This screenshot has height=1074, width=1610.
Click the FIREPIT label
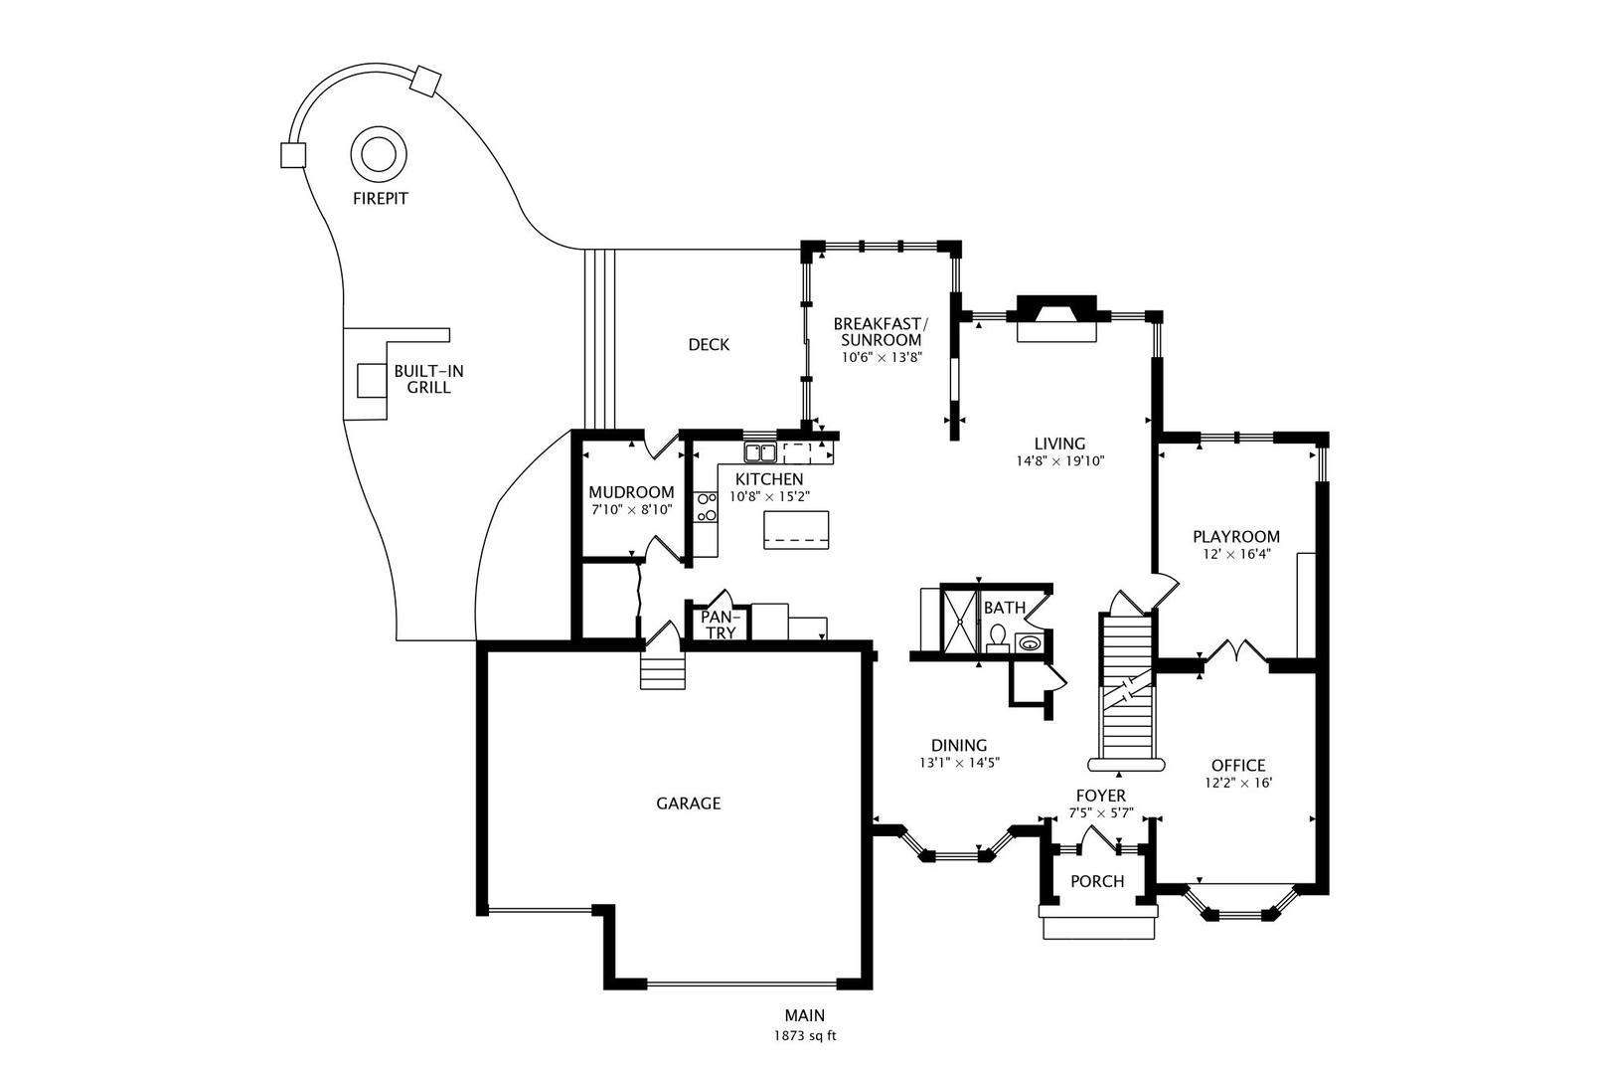tap(381, 199)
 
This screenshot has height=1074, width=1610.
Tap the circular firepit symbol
tap(379, 155)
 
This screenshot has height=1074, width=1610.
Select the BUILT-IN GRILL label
tap(428, 379)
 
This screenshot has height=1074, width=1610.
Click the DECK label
tap(709, 344)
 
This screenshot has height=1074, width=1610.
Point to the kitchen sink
tap(760, 452)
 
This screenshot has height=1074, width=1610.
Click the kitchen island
tap(796, 530)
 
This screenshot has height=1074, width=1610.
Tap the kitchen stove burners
tap(707, 506)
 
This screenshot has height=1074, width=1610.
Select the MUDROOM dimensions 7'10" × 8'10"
tap(632, 510)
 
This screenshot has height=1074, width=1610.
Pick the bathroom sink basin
tap(1030, 642)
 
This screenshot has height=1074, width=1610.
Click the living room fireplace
tap(1055, 318)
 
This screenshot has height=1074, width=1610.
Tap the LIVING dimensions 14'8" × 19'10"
tap(1059, 461)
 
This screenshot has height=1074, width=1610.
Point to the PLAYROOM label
tap(1236, 537)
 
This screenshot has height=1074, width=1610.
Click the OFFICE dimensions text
tap(1238, 783)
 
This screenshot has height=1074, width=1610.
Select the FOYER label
tap(1100, 796)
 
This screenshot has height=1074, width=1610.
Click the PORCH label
tap(1097, 881)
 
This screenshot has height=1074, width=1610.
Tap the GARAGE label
tap(688, 803)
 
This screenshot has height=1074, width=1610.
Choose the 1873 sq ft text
tap(805, 1036)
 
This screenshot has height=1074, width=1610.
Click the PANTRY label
tap(719, 625)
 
